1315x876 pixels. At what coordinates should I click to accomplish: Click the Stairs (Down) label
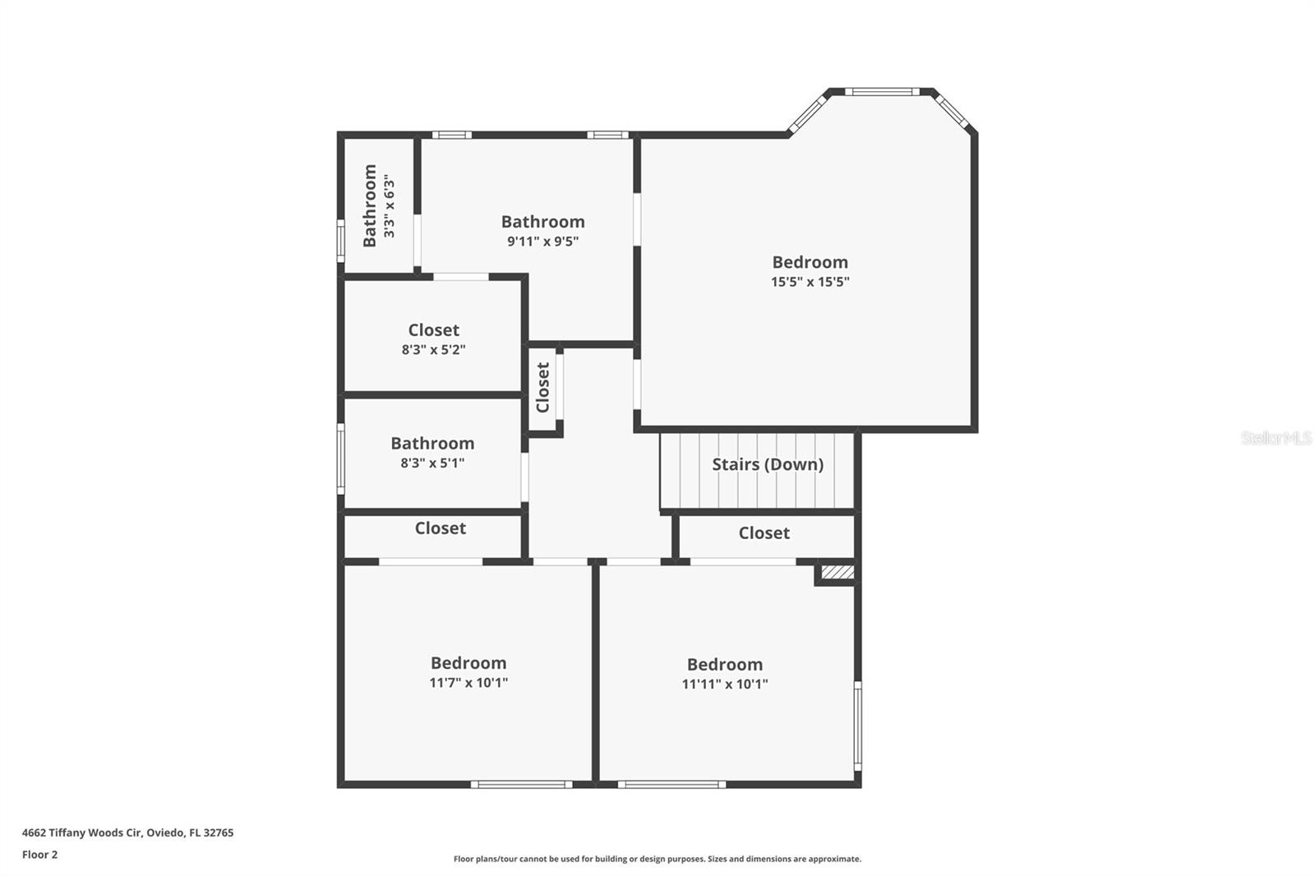coord(768,464)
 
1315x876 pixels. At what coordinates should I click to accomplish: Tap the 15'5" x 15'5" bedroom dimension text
coord(810,282)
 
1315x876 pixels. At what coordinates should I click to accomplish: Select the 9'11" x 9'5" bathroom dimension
coord(543,242)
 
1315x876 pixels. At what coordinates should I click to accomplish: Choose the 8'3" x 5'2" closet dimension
coord(434,350)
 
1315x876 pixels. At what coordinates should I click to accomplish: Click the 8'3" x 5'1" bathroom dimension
coord(432,463)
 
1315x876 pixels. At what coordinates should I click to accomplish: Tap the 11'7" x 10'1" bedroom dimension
coord(468,682)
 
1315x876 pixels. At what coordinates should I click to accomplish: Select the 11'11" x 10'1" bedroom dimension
coord(725,684)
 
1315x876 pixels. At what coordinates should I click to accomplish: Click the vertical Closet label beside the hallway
coord(543,388)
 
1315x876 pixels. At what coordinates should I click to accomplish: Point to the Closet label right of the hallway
coord(764,533)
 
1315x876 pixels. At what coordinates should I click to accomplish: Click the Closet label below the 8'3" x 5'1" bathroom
coord(441,528)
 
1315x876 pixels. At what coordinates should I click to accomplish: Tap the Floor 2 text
coord(40,855)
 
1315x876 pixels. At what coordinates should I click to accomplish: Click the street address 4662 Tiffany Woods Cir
coord(81,832)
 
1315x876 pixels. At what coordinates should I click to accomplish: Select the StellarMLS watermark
coord(1276,438)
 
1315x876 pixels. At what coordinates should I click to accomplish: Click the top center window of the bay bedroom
coord(882,91)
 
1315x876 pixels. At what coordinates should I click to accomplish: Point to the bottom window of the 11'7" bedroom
coord(521,785)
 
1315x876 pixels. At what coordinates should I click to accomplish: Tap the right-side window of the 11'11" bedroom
coord(858,726)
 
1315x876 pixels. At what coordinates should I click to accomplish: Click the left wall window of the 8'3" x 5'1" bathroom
coord(340,459)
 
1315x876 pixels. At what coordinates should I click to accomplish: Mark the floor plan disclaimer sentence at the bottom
coord(657,859)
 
